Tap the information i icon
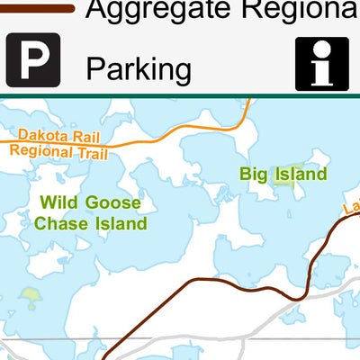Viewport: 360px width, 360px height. pyautogui.click(x=321, y=64)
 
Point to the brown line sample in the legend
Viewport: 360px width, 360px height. pyautogui.click(x=36, y=8)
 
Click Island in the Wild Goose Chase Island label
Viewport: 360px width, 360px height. pyautogui.click(x=121, y=222)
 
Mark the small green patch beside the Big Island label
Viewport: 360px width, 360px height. pyautogui.click(x=283, y=175)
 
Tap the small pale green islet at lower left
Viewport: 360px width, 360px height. pyautogui.click(x=31, y=294)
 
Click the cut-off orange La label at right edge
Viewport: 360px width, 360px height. pyautogui.click(x=350, y=210)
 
